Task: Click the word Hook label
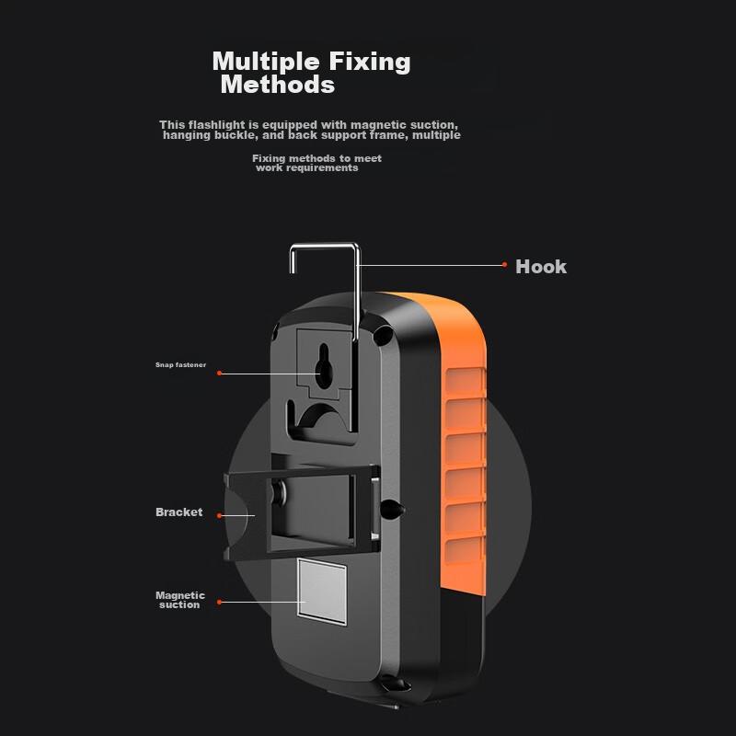point(541,267)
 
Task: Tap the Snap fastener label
point(180,364)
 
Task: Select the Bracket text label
point(178,512)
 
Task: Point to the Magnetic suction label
point(179,600)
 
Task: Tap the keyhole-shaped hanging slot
point(324,366)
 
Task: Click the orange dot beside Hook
point(504,265)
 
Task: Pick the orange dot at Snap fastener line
point(219,374)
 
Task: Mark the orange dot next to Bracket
point(219,515)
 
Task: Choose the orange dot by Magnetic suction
point(219,602)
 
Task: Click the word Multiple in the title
point(266,62)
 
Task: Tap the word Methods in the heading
point(278,85)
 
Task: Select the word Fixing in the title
point(370,62)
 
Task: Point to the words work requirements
point(307,167)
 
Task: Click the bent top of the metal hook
point(325,245)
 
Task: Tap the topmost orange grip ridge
point(465,381)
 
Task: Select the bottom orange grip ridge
point(465,549)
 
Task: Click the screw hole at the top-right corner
point(383,334)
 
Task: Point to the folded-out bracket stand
point(302,512)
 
